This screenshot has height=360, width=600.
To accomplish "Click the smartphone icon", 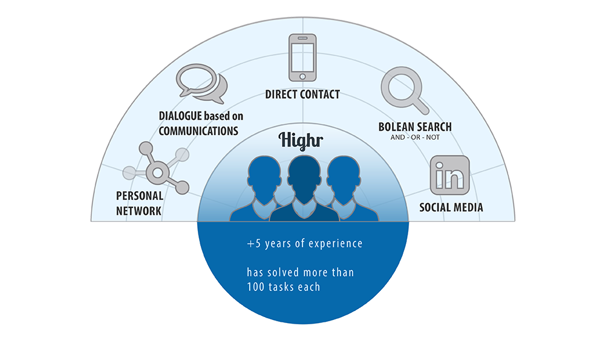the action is pos(302,57).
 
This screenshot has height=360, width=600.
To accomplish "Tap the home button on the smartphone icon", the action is pos(302,77).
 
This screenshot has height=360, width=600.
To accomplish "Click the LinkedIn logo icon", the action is pos(449,175).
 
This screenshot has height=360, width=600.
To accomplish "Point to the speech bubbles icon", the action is pos(201,83).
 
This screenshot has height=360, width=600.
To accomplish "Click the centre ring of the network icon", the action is pos(158,172).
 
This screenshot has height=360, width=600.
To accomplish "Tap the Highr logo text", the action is pos(301,140).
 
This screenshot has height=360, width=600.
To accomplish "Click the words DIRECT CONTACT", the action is pos(302,94).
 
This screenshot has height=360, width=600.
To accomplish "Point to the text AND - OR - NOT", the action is pos(415,137).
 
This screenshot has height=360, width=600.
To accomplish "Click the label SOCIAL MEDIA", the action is pos(451,208).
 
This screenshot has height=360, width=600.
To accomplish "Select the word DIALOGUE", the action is pos(180,116).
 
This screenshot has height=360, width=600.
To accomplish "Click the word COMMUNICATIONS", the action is pos(198,131).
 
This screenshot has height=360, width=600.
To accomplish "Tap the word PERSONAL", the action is pos(140,195).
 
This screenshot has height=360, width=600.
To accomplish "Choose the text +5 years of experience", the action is pos(305,244).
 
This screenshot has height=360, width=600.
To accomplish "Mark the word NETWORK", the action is pos(139,211).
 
